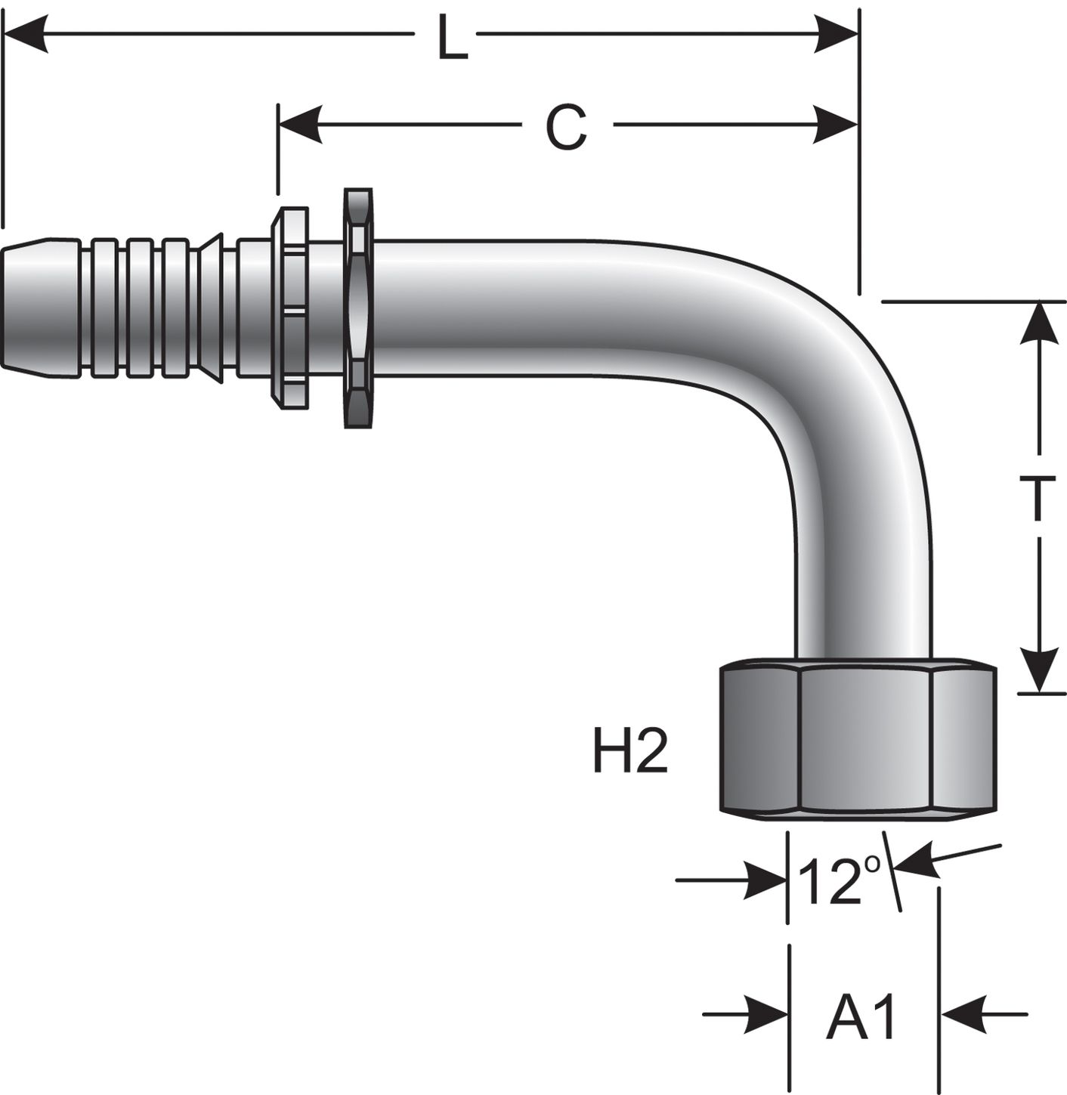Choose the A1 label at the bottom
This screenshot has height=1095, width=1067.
point(861,1015)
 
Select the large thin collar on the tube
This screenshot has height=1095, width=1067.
point(358,308)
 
